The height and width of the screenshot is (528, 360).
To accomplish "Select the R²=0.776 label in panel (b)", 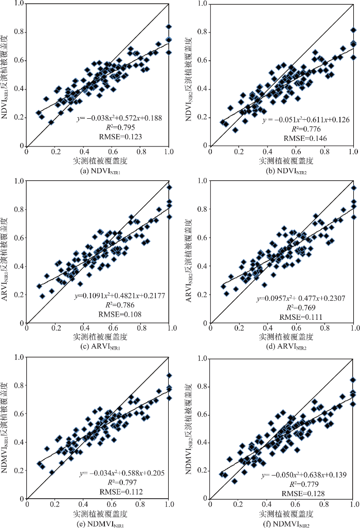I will tap(306, 129).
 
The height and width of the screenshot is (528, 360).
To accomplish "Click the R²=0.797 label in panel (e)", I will tap(121, 482).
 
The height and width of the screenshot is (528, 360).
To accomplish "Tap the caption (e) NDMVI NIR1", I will tap(99, 519).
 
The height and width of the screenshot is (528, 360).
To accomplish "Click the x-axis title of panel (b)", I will tap(281, 161).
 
